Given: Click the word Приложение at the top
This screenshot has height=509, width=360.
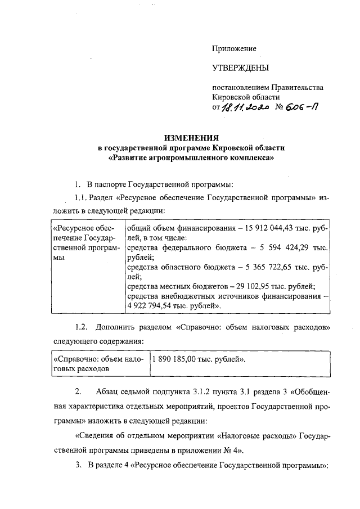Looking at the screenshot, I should point(234,49).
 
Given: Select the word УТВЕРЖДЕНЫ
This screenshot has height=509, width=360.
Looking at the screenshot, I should point(240,69).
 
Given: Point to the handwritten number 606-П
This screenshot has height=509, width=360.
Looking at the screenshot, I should point(302,109).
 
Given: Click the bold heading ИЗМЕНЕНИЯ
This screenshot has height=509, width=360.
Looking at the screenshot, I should point(191,138).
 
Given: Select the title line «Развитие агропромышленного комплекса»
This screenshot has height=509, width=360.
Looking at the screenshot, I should point(191,158).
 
